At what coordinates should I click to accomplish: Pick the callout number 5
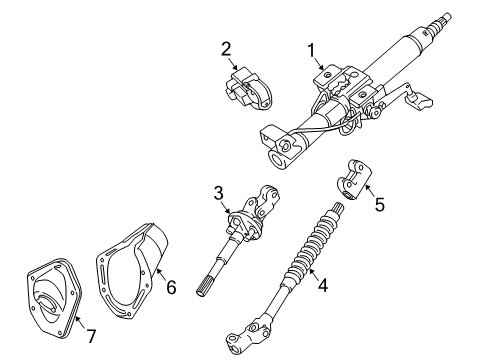379,206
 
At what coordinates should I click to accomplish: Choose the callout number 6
171,287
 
